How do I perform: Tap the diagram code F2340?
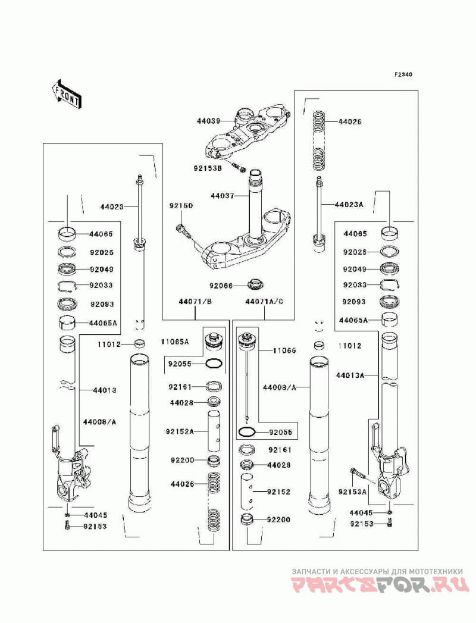click(403, 75)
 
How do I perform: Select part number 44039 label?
click(208, 121)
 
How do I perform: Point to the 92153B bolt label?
click(208, 168)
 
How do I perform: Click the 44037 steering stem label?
click(222, 196)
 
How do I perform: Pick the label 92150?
click(181, 206)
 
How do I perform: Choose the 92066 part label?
click(221, 285)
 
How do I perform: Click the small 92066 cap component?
click(255, 284)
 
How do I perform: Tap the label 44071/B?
click(195, 302)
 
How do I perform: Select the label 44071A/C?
click(264, 302)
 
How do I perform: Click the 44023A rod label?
click(349, 205)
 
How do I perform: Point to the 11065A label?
click(175, 342)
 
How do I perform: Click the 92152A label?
click(180, 431)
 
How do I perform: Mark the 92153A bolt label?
click(352, 492)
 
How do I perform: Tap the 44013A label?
click(350, 375)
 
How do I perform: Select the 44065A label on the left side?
click(104, 323)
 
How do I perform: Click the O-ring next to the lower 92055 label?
click(248, 432)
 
